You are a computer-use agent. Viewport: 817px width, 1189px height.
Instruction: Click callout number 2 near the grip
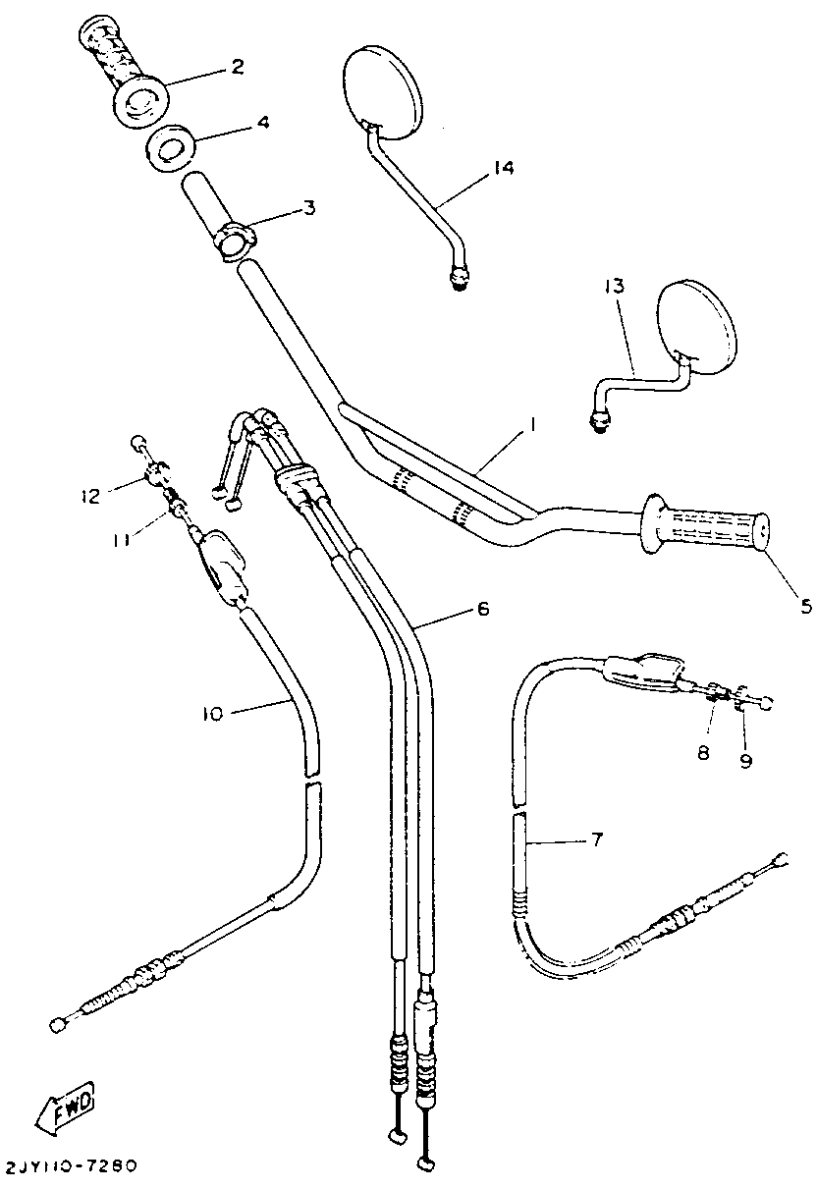(x=237, y=67)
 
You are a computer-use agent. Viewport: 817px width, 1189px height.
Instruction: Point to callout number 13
(x=614, y=287)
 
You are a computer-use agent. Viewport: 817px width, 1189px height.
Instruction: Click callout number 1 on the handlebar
(x=531, y=425)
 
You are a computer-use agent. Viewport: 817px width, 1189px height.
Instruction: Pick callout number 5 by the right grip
(x=805, y=605)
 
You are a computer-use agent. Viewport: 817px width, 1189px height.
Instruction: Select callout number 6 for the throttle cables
(x=481, y=609)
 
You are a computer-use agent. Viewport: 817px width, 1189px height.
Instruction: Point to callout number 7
(x=596, y=839)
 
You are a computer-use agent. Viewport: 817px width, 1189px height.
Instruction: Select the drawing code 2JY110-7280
(x=71, y=1166)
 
